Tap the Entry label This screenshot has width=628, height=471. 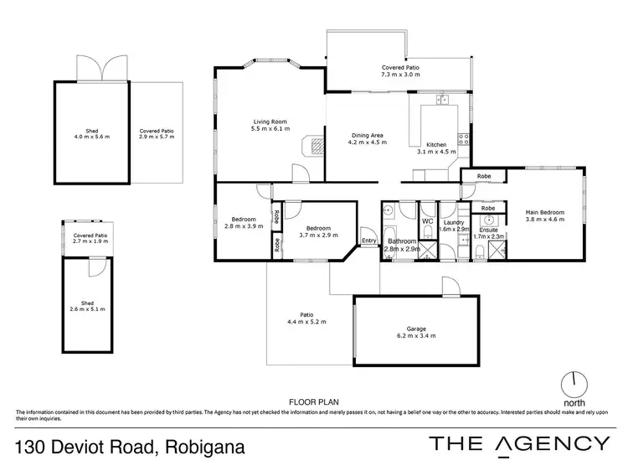[368, 241]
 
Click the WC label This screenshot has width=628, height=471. [426, 221]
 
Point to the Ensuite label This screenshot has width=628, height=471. [484, 232]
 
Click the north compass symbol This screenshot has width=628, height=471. [574, 385]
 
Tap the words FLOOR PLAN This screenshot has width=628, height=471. [307, 402]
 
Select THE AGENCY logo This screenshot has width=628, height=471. [519, 444]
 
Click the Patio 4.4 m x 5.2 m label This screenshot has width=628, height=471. [306, 318]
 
